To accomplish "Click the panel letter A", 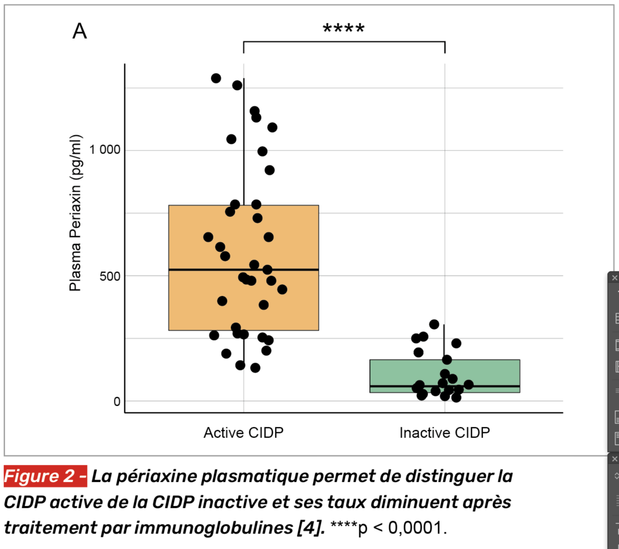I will pyautogui.click(x=80, y=31).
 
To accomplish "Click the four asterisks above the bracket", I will pyautogui.click(x=343, y=29).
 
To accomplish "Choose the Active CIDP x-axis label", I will pyautogui.click(x=244, y=432).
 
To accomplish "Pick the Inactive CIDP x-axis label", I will pyautogui.click(x=444, y=432).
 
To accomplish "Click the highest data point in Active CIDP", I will pyautogui.click(x=216, y=79).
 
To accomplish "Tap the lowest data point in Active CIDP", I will pyautogui.click(x=255, y=368).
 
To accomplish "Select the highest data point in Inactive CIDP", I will pyautogui.click(x=433, y=324).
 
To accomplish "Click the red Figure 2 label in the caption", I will pyautogui.click(x=45, y=477).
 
